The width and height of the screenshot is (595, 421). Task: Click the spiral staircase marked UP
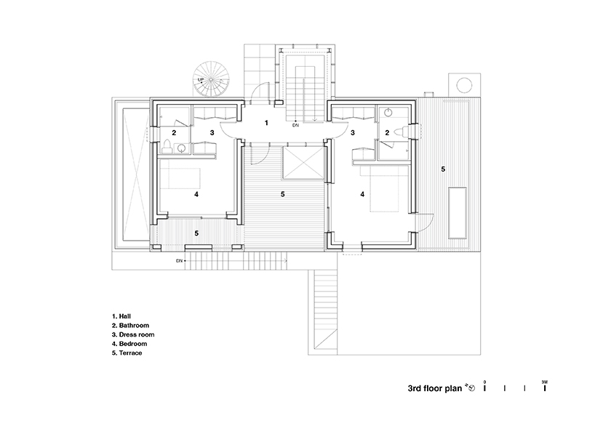pos(208,81)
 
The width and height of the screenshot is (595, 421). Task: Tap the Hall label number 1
pos(266,123)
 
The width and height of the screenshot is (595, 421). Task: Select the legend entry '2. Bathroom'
pos(130,326)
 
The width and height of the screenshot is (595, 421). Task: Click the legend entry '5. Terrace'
pos(127,353)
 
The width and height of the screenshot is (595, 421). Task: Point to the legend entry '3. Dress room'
pos(133,334)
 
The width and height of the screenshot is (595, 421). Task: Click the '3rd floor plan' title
pos(435,388)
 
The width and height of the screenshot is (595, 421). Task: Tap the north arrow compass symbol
pos(471,388)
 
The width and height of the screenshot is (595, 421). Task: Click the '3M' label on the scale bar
pos(545,382)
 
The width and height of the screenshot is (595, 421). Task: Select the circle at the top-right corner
pos(464,85)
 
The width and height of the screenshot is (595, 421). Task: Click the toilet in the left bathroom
pos(167,147)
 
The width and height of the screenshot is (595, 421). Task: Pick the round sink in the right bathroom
pos(388,112)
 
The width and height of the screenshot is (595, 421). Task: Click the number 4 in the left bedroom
pos(196,194)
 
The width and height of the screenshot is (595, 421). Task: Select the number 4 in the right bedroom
pos(362,194)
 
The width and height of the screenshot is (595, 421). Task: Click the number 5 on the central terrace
pos(283,194)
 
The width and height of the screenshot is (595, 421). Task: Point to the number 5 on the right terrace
pos(443,169)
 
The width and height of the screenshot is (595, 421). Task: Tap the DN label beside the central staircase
pos(295,125)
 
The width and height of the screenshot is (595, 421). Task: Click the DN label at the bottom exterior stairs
pos(180,261)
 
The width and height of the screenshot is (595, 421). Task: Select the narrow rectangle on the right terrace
pos(458,212)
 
